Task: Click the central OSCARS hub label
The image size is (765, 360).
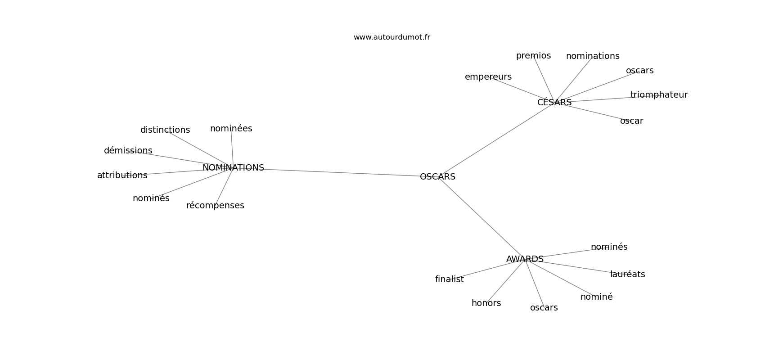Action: point(437,176)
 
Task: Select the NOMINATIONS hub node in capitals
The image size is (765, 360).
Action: point(233,168)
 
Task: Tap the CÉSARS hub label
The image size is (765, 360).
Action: point(554,102)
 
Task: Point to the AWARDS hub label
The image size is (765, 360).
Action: point(525,259)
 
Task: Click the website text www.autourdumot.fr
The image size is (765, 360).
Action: point(391,37)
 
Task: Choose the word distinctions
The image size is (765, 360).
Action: point(165,130)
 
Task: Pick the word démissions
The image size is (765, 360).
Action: point(128,150)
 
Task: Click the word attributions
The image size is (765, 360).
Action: point(122,175)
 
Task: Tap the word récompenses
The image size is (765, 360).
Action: point(215,206)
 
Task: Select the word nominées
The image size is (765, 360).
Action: point(231,128)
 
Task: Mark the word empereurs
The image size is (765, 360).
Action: point(488,77)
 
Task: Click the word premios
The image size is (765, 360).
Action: point(533,56)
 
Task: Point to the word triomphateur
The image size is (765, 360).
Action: point(659,94)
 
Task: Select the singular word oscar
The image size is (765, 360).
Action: point(632,121)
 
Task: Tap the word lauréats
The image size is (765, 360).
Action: point(628,274)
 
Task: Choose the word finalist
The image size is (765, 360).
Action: point(450,279)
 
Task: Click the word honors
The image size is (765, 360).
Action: point(486,303)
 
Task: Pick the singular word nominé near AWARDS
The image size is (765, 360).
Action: point(597,297)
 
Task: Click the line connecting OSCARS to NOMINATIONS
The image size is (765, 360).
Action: point(342,172)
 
